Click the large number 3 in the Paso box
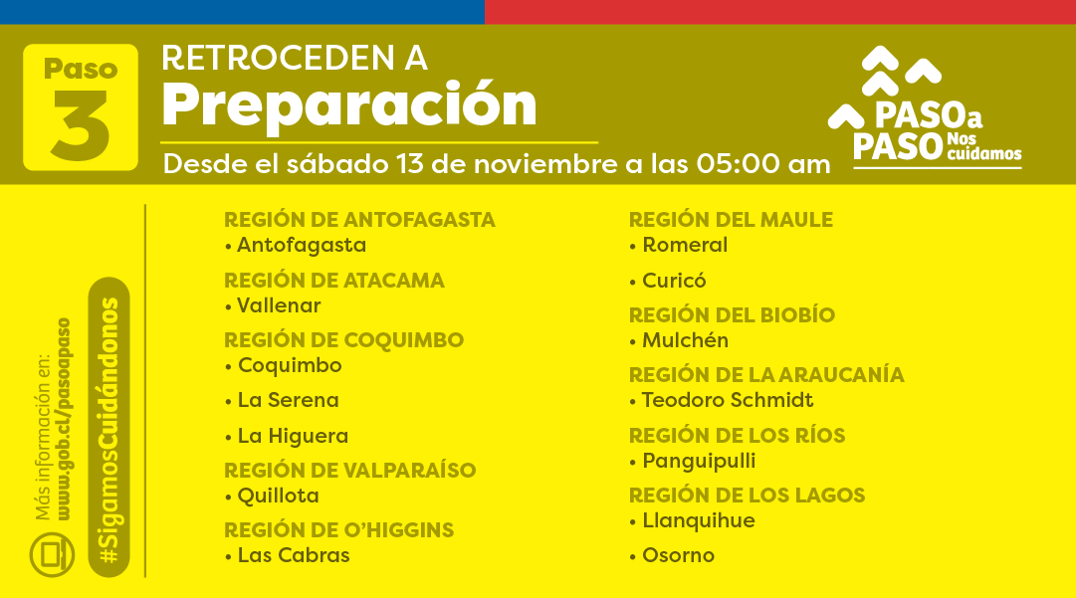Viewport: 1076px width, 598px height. pyautogui.click(x=81, y=124)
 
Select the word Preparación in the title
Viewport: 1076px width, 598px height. pyautogui.click(x=349, y=103)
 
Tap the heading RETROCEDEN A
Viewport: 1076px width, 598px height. pyautogui.click(x=295, y=58)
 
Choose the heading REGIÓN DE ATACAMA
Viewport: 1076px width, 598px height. pyautogui.click(x=334, y=281)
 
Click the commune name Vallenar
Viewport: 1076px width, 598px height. pyautogui.click(x=279, y=305)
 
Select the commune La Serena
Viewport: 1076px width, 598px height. pyautogui.click(x=288, y=400)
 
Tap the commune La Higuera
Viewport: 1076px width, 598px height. pyautogui.click(x=293, y=436)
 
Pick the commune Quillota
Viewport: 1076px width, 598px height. pyautogui.click(x=278, y=496)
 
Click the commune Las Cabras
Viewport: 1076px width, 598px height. pyautogui.click(x=294, y=555)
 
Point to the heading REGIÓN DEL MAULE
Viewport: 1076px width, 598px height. pyautogui.click(x=731, y=220)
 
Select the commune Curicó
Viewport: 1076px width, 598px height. pyautogui.click(x=674, y=281)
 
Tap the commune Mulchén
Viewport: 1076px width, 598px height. pyautogui.click(x=685, y=340)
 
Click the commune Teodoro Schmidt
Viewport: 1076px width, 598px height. pyautogui.click(x=727, y=400)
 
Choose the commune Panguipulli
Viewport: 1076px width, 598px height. pyautogui.click(x=699, y=461)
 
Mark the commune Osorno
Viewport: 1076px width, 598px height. pyautogui.click(x=678, y=555)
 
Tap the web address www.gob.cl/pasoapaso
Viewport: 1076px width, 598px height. pyautogui.click(x=64, y=419)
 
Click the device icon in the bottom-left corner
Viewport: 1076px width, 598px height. pyautogui.click(x=52, y=553)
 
